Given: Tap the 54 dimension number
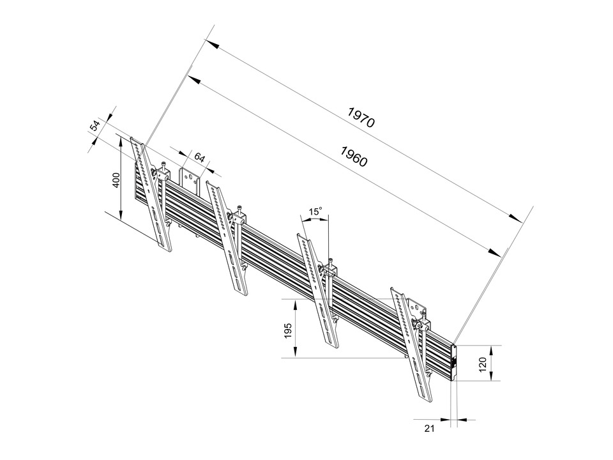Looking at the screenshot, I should [x=95, y=125].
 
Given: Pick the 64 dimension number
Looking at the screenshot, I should [x=200, y=157].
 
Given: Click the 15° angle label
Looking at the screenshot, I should [x=315, y=211].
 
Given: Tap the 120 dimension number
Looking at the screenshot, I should [x=483, y=364].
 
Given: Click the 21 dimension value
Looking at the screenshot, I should [x=429, y=429].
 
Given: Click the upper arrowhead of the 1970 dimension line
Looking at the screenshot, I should [x=213, y=47].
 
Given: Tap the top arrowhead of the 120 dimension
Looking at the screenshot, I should [x=491, y=349].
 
